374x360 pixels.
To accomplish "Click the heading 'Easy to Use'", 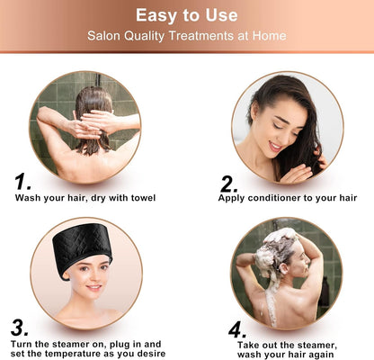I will click(187, 14).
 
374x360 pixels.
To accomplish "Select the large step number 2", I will click(228, 184).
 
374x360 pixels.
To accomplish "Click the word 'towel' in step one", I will click(139, 197).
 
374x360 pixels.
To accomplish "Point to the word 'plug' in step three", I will click(117, 343).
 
